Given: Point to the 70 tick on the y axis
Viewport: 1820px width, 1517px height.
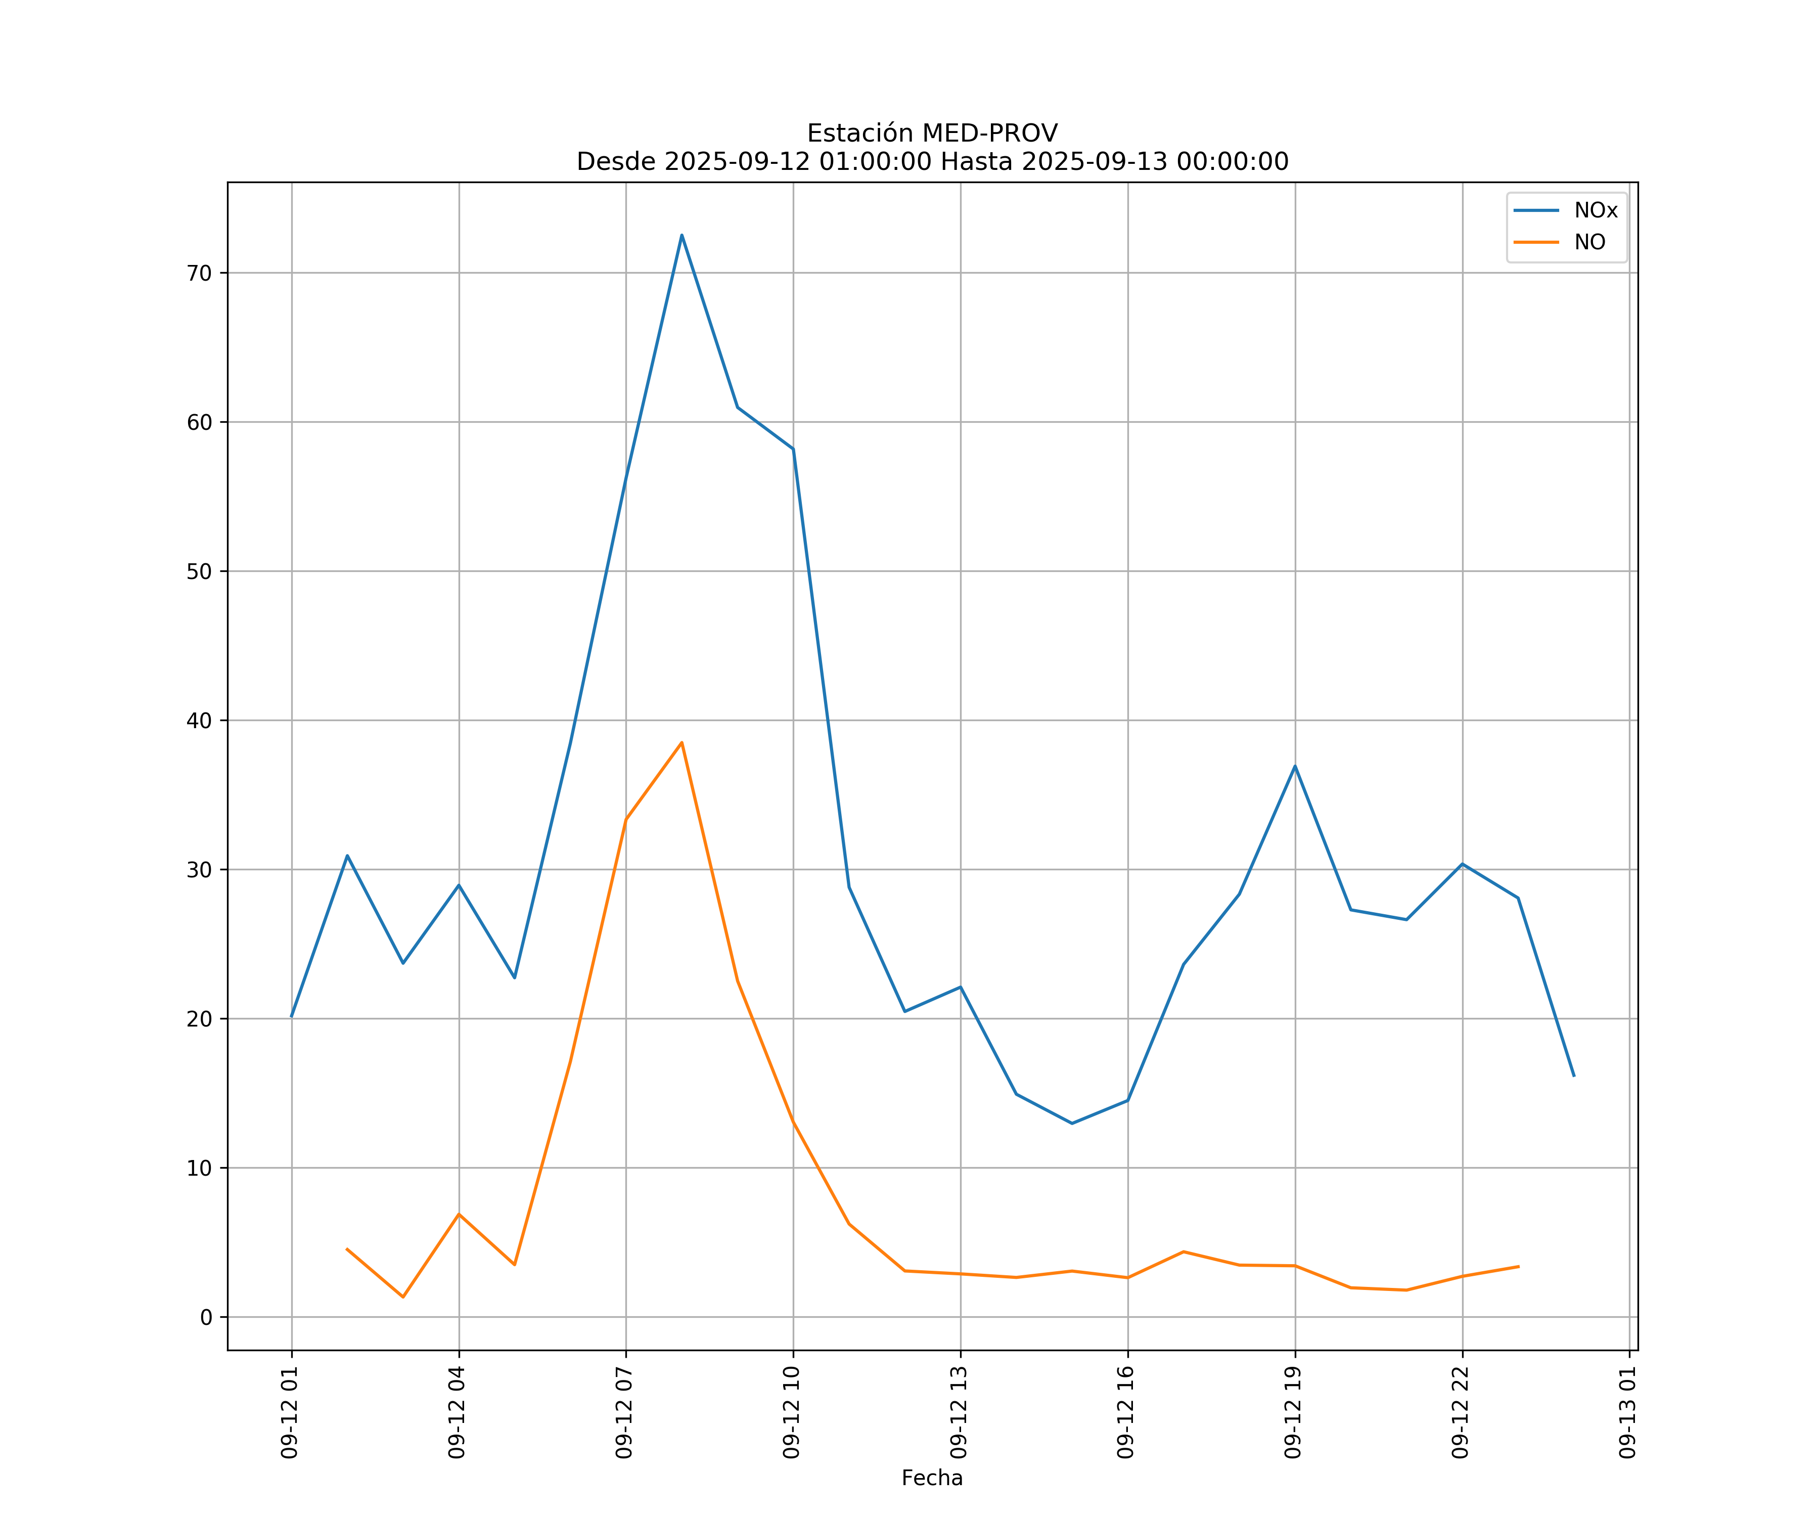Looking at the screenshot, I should pyautogui.click(x=199, y=273).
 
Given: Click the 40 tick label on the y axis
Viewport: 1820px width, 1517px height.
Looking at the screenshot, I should pyautogui.click(x=199, y=721).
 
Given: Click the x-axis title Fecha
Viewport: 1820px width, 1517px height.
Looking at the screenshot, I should pyautogui.click(x=932, y=1478).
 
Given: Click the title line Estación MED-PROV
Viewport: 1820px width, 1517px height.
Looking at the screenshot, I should pyautogui.click(x=932, y=133).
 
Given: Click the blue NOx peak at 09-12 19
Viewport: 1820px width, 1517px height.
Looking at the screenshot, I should pyautogui.click(x=1295, y=766).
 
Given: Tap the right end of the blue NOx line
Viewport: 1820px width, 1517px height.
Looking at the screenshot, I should pyautogui.click(x=1574, y=1076).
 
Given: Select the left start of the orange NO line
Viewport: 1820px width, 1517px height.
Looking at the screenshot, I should pyautogui.click(x=347, y=1249).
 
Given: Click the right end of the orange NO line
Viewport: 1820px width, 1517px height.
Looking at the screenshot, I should pyautogui.click(x=1518, y=1267).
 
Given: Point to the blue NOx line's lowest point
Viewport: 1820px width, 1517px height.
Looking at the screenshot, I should pyautogui.click(x=1072, y=1124).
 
